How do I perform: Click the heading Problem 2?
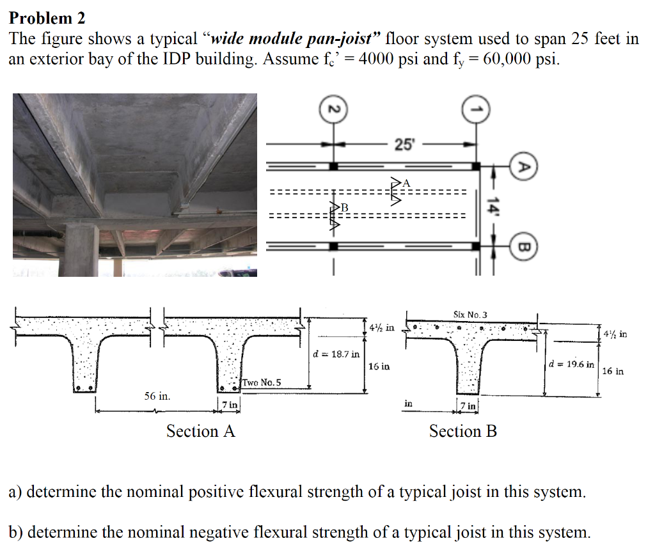click(47, 17)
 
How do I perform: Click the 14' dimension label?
click(493, 207)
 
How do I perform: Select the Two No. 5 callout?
click(261, 382)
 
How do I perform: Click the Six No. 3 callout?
click(470, 314)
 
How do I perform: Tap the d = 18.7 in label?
click(336, 353)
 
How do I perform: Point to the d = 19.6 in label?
click(571, 364)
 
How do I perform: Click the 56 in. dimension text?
click(157, 397)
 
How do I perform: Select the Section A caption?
click(200, 431)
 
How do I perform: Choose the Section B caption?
click(462, 431)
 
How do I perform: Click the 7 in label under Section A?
click(230, 404)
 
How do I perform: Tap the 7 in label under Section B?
click(470, 405)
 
